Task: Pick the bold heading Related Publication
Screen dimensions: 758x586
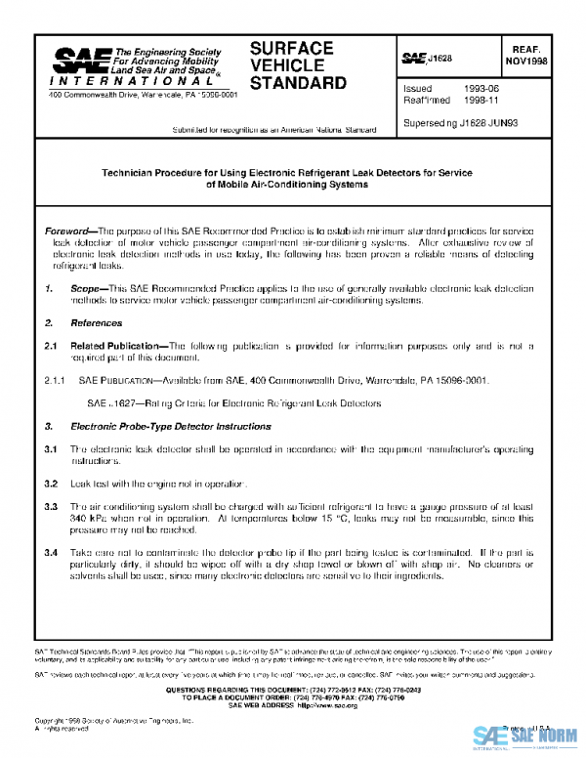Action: click(x=114, y=345)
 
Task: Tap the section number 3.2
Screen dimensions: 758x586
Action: click(x=52, y=484)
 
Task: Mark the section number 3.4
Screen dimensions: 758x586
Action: click(x=52, y=554)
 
